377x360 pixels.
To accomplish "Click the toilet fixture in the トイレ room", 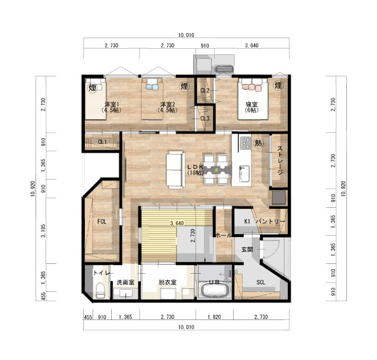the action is pyautogui.click(x=100, y=290).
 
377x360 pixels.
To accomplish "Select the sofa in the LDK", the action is pyautogui.click(x=175, y=170).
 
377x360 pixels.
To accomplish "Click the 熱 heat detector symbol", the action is pyautogui.click(x=258, y=143).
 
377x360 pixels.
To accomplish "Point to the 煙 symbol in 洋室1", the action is pyautogui.click(x=92, y=87).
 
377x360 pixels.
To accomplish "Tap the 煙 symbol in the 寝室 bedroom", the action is pyautogui.click(x=278, y=85).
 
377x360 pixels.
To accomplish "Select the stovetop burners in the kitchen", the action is pyautogui.click(x=245, y=143).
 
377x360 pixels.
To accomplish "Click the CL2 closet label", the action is pyautogui.click(x=205, y=90).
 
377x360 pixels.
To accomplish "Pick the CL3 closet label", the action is pyautogui.click(x=205, y=119).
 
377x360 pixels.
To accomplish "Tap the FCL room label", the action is pyautogui.click(x=102, y=221).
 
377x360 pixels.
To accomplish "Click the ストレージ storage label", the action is pyautogui.click(x=279, y=160).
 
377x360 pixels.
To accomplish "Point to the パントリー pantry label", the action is pyautogui.click(x=270, y=221).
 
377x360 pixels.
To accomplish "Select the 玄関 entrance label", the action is pyautogui.click(x=247, y=249).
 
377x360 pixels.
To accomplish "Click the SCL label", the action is pyautogui.click(x=260, y=282).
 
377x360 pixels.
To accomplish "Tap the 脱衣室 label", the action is pyautogui.click(x=167, y=282).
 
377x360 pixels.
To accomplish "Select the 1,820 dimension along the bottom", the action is pyautogui.click(x=214, y=317).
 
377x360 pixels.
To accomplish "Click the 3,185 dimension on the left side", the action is pyautogui.click(x=43, y=231).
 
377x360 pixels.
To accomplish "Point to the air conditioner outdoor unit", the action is pyautogui.click(x=224, y=69).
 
